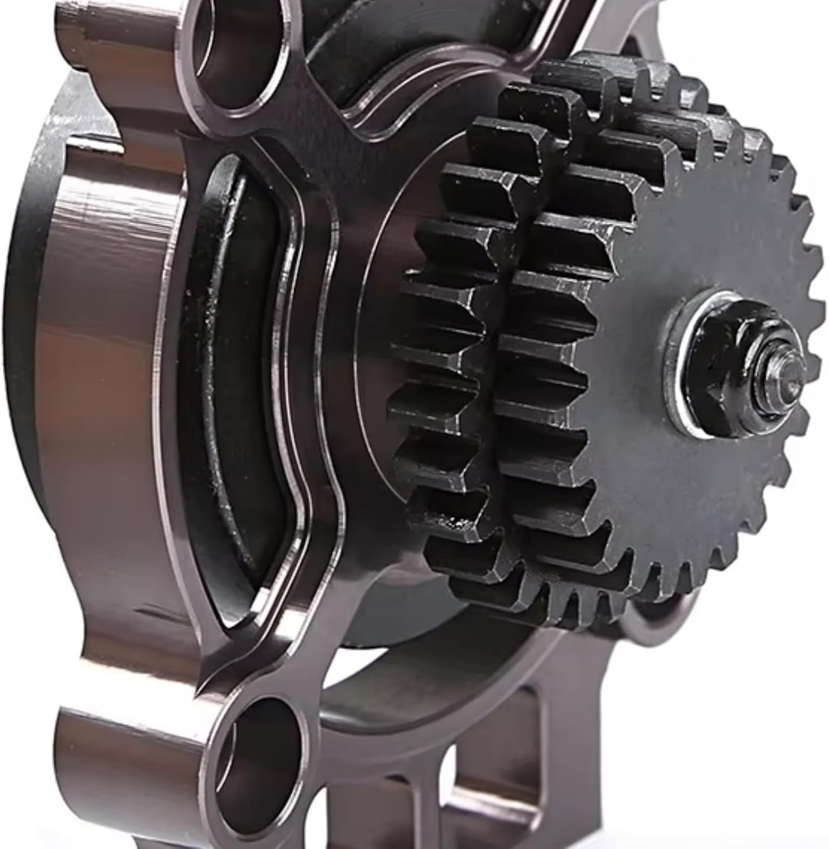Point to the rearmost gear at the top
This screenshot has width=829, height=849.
point(623,85)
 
